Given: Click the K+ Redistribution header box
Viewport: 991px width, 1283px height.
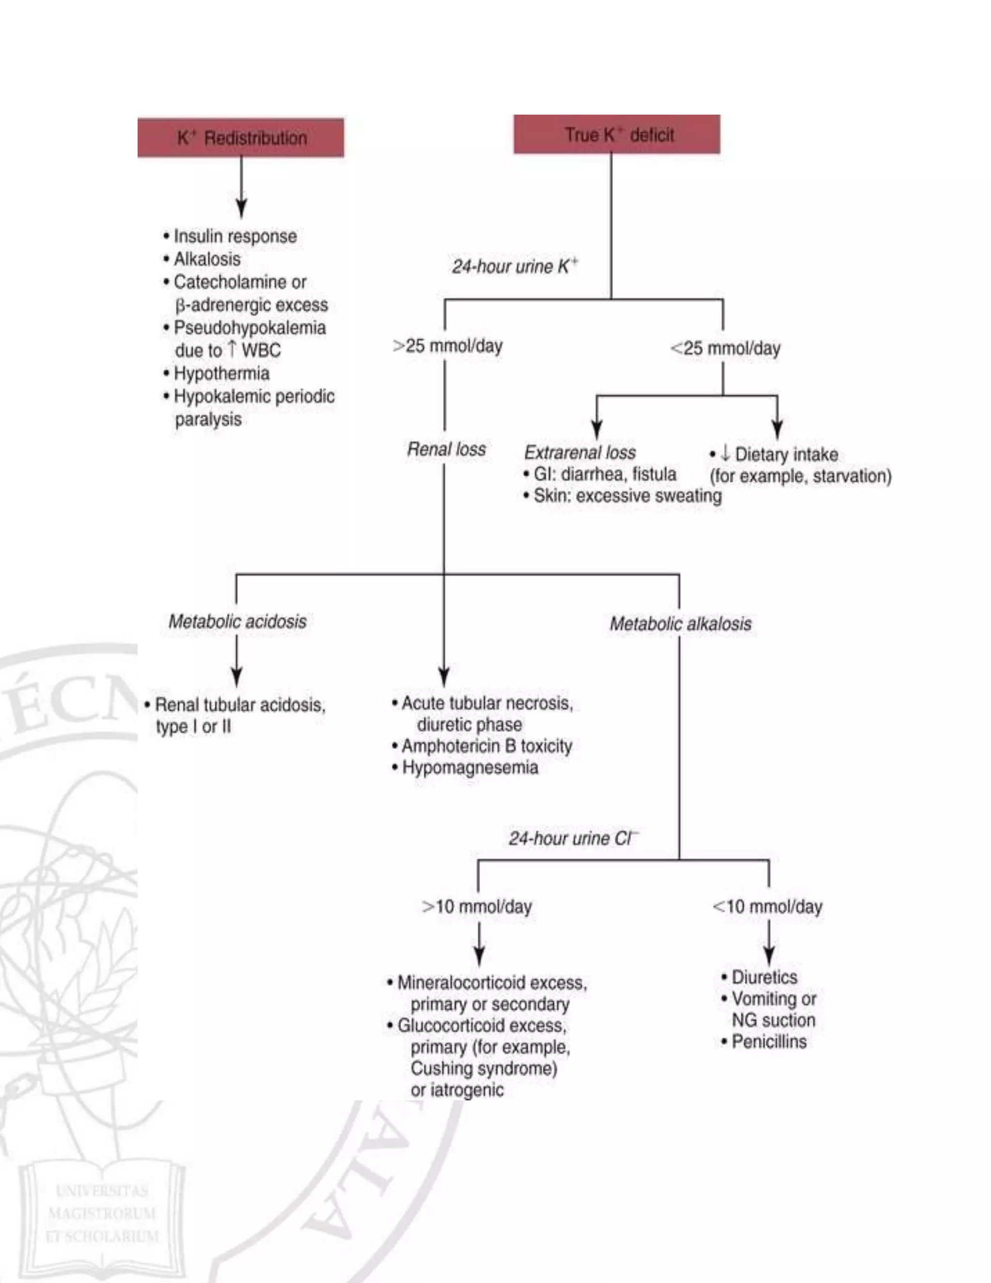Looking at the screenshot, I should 240,137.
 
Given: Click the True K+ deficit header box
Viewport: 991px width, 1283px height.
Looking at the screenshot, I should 616,135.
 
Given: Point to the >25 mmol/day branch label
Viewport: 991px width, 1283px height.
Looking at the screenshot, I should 448,346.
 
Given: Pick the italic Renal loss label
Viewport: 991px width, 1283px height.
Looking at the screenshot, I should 446,449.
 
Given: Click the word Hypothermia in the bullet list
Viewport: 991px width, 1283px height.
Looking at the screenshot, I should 221,374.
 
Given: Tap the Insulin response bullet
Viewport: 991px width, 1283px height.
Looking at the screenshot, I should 235,236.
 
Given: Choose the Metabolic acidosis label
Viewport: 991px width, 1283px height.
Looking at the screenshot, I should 237,622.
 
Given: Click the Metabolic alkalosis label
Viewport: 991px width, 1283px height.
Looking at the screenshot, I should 680,624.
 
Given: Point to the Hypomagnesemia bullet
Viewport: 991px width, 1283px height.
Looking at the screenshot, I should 469,767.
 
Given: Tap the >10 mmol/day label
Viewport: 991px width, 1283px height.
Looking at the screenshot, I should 477,906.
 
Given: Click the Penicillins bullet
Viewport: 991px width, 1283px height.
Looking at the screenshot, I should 768,1041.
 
